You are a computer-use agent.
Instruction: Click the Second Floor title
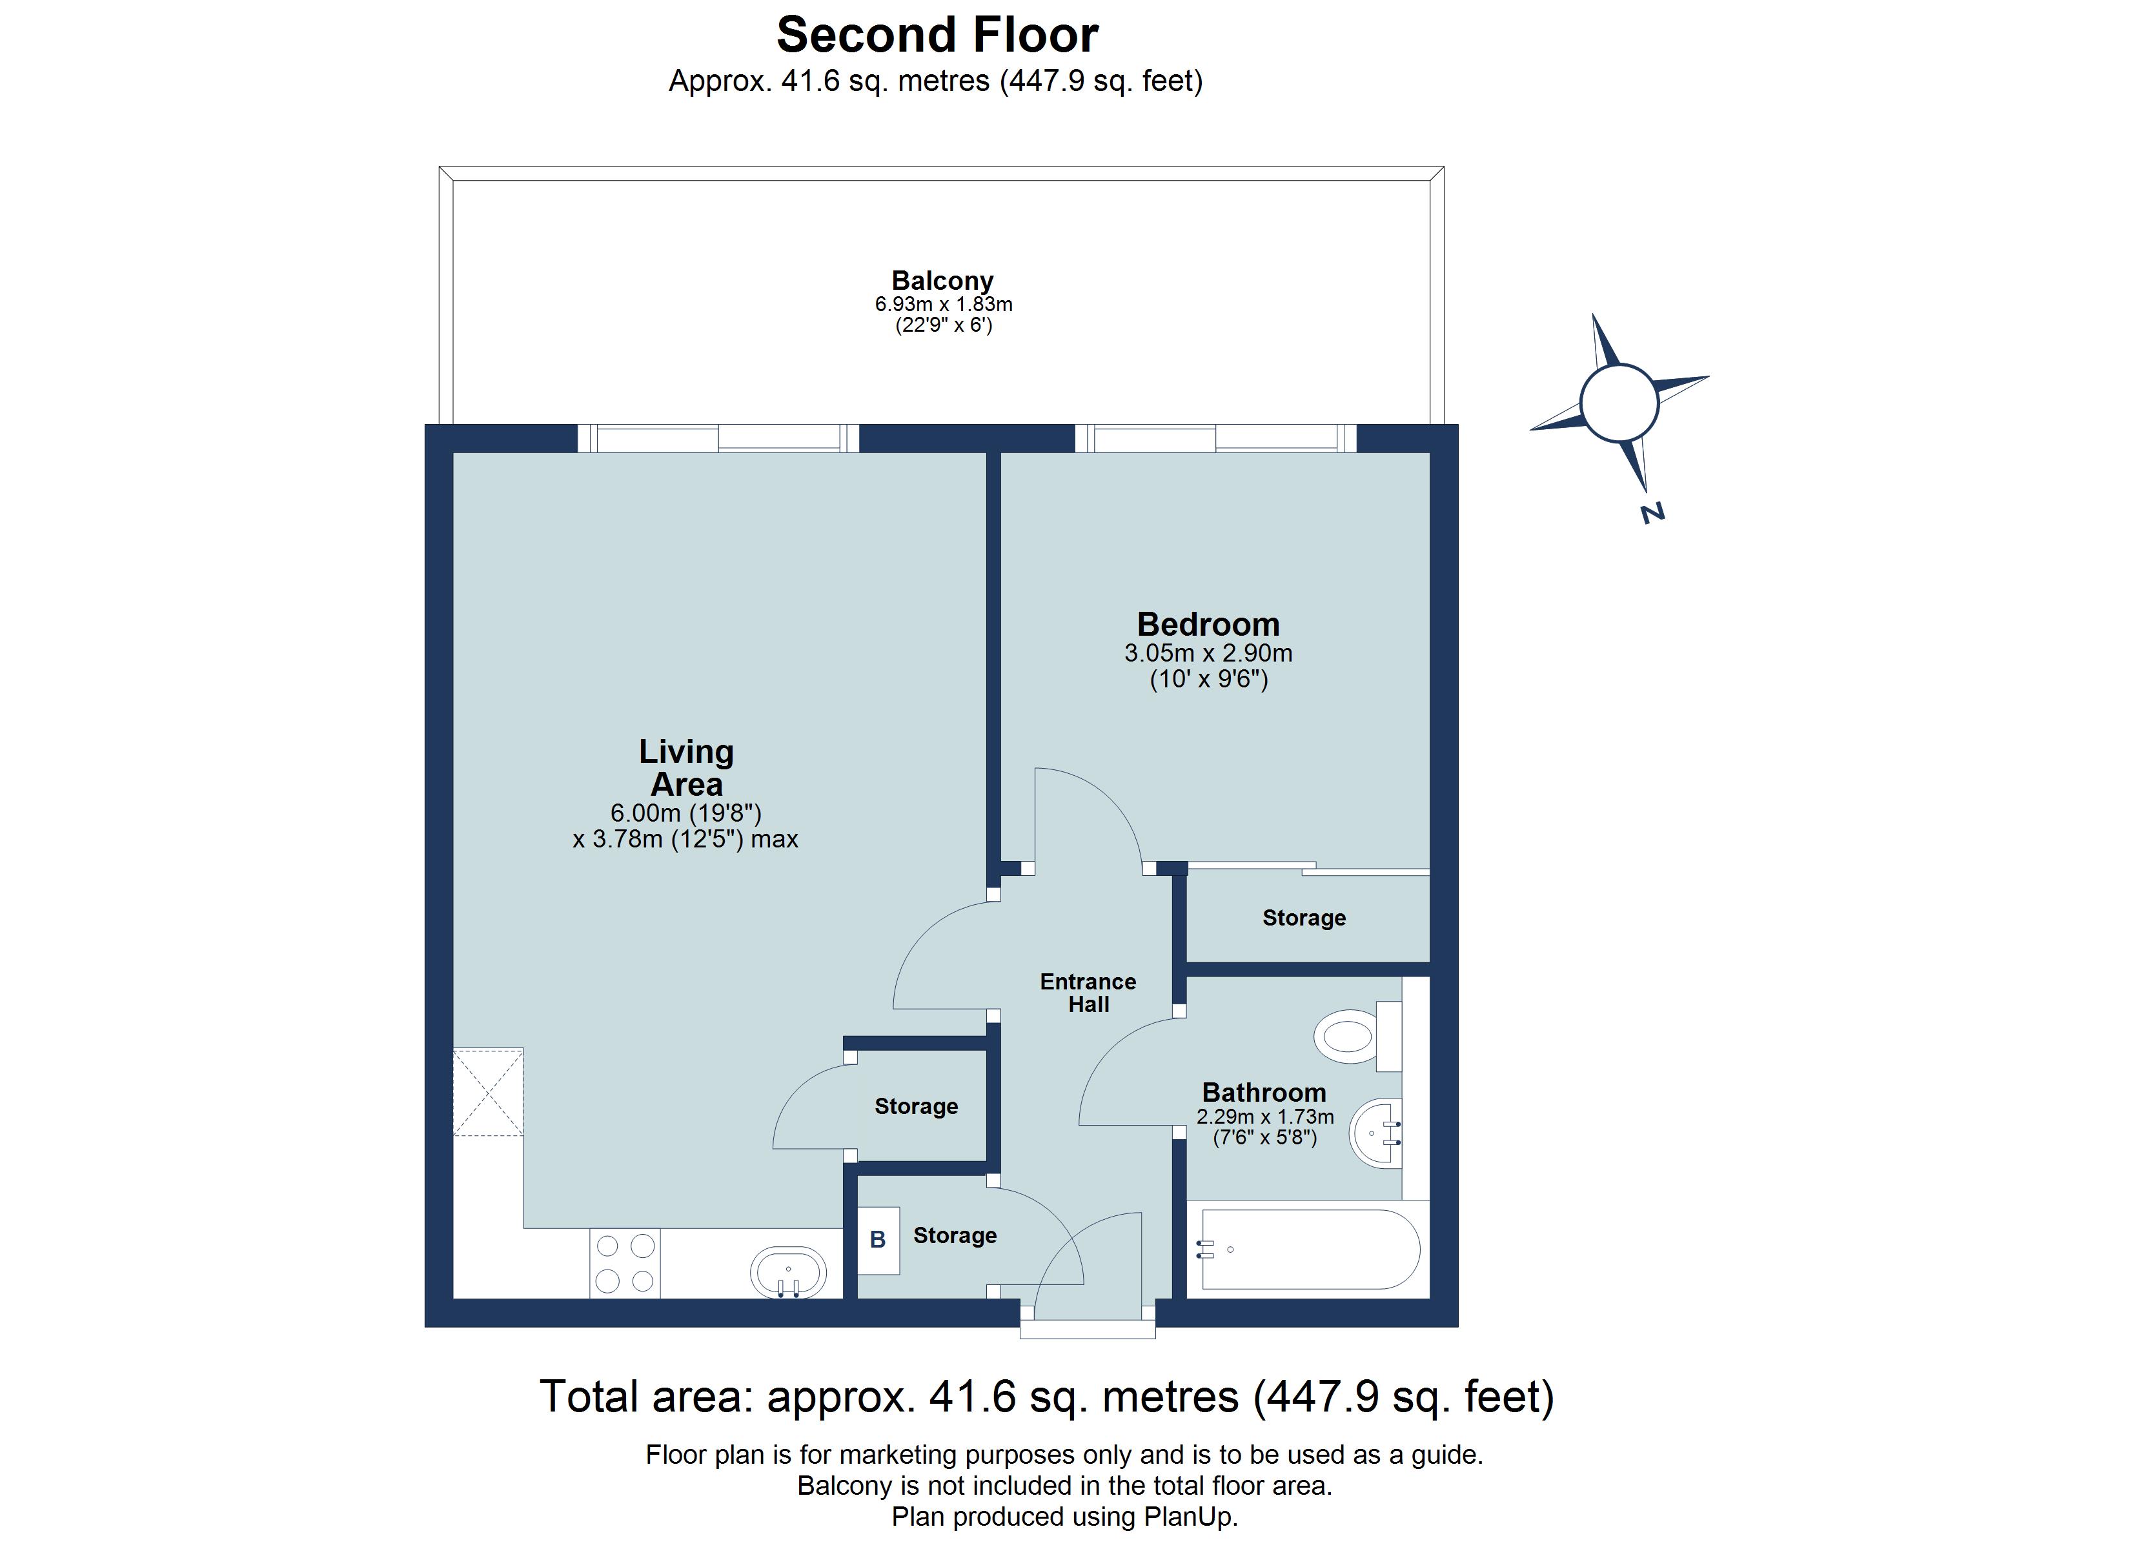tap(937, 35)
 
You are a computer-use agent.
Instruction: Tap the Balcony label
tap(942, 280)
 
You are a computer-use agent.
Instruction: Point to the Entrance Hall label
tap(1088, 993)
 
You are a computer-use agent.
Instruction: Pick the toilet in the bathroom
tap(1358, 1036)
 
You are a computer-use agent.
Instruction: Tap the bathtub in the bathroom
tap(1308, 1250)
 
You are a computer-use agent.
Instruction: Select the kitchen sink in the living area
tap(788, 1273)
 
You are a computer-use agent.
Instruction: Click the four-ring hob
tap(625, 1264)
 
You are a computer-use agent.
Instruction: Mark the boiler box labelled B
tap(878, 1240)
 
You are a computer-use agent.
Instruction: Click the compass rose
tap(1619, 403)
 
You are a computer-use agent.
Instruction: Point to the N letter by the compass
tap(1653, 513)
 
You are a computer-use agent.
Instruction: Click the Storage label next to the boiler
tap(955, 1235)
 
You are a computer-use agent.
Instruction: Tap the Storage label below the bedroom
tap(1304, 918)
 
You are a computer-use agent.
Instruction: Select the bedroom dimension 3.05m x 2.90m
tap(1209, 653)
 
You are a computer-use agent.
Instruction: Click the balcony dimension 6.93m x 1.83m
tap(943, 305)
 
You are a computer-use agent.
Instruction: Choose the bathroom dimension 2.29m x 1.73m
tap(1265, 1117)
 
